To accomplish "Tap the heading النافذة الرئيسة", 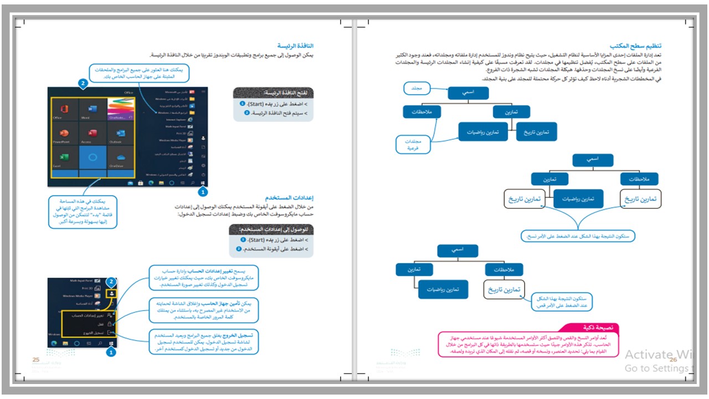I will pyautogui.click(x=299, y=45).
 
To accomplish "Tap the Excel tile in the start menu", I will pyautogui.click(x=64, y=161).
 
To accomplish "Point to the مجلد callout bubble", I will pyautogui.click(x=415, y=89).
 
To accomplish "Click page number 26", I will pyautogui.click(x=674, y=360).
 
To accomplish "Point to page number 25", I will pyautogui.click(x=36, y=360).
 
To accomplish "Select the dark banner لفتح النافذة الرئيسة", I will pyautogui.click(x=274, y=93).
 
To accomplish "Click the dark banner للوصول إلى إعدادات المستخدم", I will pyautogui.click(x=271, y=229).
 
